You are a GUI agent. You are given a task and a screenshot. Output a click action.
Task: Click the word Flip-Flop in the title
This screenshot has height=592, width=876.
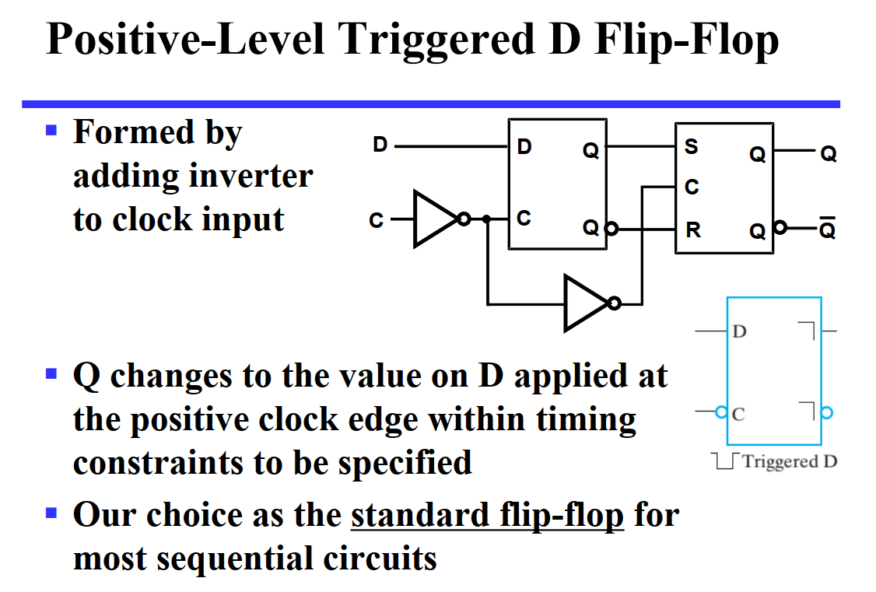pyautogui.click(x=687, y=40)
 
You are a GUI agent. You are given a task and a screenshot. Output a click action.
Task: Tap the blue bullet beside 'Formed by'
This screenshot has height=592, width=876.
pyautogui.click(x=52, y=128)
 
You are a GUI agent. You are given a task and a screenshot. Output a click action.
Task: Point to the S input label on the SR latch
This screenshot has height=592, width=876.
pyautogui.click(x=691, y=146)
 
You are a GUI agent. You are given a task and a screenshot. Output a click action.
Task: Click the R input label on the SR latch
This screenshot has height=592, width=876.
pyautogui.click(x=691, y=230)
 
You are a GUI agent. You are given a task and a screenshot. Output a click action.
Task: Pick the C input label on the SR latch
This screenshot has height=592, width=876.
pyautogui.click(x=691, y=187)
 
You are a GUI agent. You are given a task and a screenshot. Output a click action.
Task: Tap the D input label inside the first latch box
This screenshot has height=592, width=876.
pyautogui.click(x=524, y=146)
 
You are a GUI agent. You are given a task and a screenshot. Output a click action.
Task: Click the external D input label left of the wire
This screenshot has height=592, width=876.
pyautogui.click(x=380, y=145)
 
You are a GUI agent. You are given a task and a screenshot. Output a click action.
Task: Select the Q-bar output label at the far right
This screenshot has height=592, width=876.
pyautogui.click(x=828, y=231)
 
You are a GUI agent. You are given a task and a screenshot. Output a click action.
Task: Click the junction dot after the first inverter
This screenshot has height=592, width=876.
pyautogui.click(x=487, y=219)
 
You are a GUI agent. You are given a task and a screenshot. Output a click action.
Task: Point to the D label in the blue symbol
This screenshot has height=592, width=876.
pyautogui.click(x=740, y=331)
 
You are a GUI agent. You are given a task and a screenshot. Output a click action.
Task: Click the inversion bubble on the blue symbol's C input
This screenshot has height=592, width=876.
pyautogui.click(x=721, y=412)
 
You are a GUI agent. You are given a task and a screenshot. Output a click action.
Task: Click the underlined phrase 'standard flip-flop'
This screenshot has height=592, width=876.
pyautogui.click(x=487, y=515)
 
